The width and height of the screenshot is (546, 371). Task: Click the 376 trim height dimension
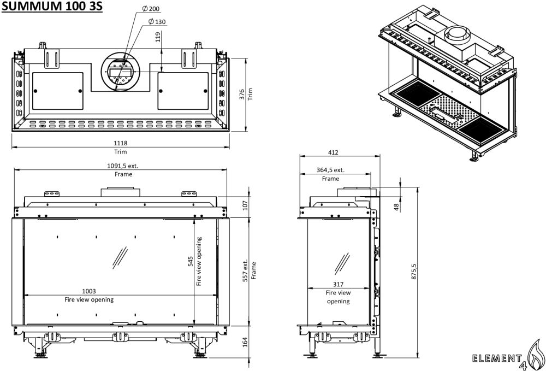242,94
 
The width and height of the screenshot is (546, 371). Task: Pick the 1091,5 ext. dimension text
122,167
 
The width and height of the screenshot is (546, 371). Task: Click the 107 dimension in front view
245,205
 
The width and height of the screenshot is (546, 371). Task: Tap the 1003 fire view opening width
88,292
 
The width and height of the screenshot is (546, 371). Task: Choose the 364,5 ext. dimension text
330,170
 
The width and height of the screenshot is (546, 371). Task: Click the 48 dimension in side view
395,206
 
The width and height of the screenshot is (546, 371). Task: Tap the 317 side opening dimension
339,284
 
